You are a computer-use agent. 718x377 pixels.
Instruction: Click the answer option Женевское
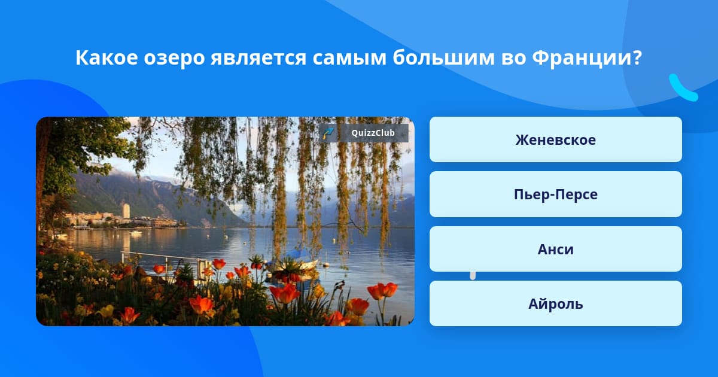(x=555, y=139)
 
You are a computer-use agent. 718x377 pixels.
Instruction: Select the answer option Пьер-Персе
(x=555, y=194)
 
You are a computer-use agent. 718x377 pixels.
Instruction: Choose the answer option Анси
(x=555, y=249)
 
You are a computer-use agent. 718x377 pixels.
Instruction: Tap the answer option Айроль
(x=555, y=303)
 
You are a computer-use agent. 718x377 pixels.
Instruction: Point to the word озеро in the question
(x=174, y=59)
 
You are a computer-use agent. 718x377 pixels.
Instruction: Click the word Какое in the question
(x=107, y=58)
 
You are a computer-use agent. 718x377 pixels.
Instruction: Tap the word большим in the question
(x=443, y=57)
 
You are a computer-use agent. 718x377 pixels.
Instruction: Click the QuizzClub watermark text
(x=373, y=133)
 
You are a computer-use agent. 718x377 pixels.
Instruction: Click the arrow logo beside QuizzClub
(x=328, y=133)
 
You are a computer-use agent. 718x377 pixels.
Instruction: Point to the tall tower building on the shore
(x=126, y=210)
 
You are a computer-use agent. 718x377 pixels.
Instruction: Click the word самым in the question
(x=349, y=59)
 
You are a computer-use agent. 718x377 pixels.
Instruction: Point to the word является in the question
(x=258, y=59)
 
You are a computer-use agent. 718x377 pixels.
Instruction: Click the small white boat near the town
(x=136, y=233)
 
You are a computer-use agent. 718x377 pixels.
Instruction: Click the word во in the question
(x=513, y=59)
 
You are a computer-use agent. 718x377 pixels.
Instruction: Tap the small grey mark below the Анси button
(x=473, y=275)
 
